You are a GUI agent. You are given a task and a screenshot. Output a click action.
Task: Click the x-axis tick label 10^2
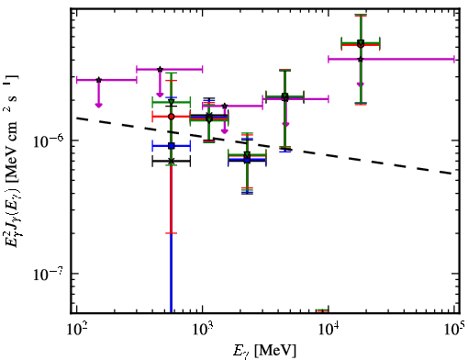coord(76,330)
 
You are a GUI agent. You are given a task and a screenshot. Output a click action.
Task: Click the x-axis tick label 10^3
coord(203,330)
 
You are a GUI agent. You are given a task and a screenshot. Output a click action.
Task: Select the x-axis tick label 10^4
coord(329,330)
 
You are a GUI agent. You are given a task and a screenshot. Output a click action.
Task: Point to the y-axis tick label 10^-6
coord(49,141)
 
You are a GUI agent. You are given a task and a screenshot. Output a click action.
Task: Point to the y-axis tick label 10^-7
coord(49,274)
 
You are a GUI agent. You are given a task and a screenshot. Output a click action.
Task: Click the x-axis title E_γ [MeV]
coord(264,351)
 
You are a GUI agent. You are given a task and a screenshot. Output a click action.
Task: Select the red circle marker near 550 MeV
coord(172,117)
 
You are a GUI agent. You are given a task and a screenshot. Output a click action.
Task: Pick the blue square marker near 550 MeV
coord(172,146)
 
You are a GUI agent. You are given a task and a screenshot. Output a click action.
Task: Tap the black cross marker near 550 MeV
coord(172,161)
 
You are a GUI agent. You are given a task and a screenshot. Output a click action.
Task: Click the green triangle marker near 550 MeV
coord(172,102)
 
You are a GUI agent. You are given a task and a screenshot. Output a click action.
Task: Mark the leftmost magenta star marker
coord(98,80)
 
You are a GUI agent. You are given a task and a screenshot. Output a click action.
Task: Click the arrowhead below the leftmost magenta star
coord(98,106)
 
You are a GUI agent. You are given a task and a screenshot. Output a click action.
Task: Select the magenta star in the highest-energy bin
coord(361,59)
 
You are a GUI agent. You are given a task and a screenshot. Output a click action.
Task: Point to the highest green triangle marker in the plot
coord(361,42)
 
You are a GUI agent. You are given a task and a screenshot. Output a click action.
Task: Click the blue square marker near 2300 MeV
coord(247,160)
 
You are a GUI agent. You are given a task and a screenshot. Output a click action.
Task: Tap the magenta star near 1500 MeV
coord(225,106)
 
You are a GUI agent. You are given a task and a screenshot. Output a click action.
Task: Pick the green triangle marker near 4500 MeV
coord(284,96)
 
